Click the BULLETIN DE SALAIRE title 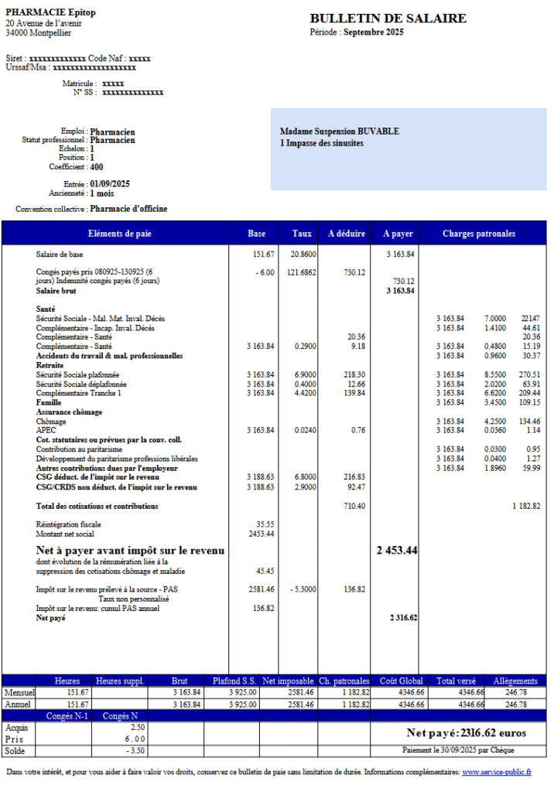coord(388,19)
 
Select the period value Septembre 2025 coord(374,32)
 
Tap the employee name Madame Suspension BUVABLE coord(339,131)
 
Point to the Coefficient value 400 coord(97,167)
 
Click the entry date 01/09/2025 coord(110,184)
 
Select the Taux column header coord(303,234)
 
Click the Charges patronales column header coord(479,234)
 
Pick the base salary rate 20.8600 coord(303,254)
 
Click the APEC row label coord(45,430)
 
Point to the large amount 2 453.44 coord(397,550)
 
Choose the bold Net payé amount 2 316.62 coord(403,618)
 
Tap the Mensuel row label coord(20,692)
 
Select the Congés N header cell coord(119,716)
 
